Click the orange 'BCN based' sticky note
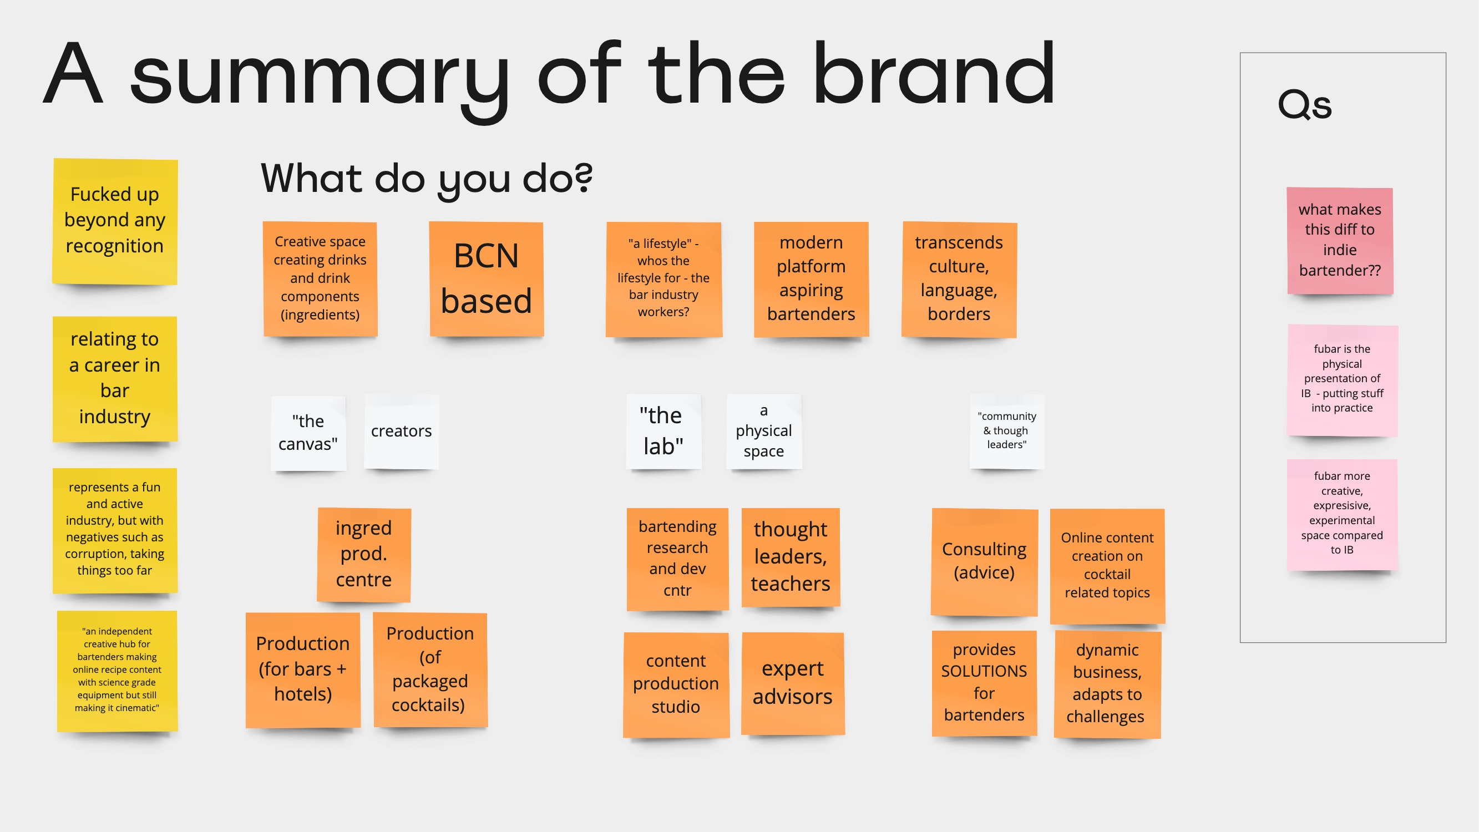click(487, 279)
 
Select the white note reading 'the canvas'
click(308, 433)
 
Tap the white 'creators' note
click(401, 432)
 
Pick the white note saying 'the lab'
click(663, 432)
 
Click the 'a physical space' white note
click(763, 432)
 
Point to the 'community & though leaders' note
click(1007, 432)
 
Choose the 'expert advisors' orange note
click(792, 683)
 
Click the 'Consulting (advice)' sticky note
click(984, 561)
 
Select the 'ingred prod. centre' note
click(364, 555)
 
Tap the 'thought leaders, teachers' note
click(791, 557)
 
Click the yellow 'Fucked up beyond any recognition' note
click(115, 221)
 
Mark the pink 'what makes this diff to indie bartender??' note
click(1340, 241)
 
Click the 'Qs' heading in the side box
click(1304, 104)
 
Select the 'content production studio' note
click(676, 684)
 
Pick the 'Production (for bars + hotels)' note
click(303, 670)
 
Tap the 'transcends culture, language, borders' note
click(959, 280)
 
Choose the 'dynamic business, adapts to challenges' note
click(1107, 684)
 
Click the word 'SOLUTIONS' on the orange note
click(984, 671)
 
